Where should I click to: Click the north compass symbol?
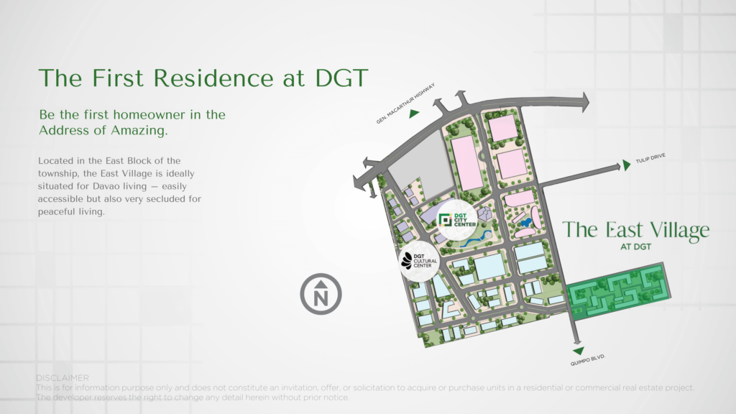click(321, 294)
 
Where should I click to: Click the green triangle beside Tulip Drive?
click(627, 165)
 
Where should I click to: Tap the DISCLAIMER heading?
click(62, 378)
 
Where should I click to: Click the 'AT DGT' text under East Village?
click(636, 248)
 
